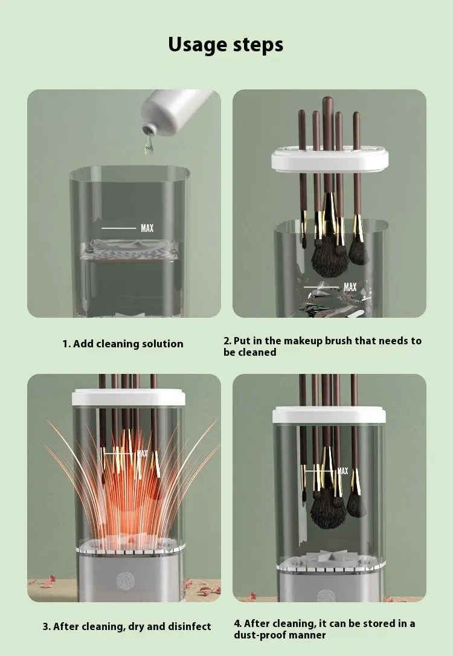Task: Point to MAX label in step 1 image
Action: tap(147, 228)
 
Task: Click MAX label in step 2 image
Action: tap(350, 287)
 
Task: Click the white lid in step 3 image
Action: tap(127, 396)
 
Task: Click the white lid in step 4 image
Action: tap(330, 415)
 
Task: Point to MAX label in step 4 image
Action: tap(342, 471)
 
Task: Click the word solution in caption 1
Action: tap(162, 344)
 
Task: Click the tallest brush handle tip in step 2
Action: tap(328, 100)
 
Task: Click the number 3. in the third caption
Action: tap(47, 626)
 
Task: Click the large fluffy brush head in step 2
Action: tap(329, 260)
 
